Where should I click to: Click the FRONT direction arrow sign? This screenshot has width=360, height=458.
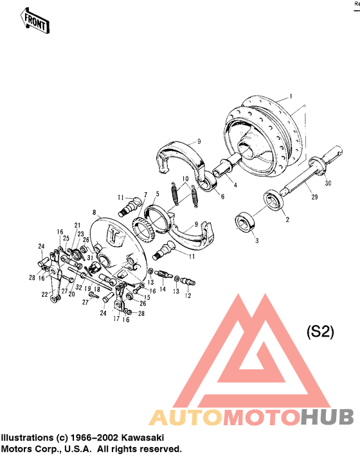(x=36, y=21)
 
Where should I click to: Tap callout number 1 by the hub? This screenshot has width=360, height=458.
(x=291, y=96)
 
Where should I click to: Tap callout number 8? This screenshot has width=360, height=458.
(x=95, y=211)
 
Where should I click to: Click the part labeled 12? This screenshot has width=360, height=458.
(x=189, y=280)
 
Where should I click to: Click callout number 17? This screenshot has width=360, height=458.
(x=116, y=318)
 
